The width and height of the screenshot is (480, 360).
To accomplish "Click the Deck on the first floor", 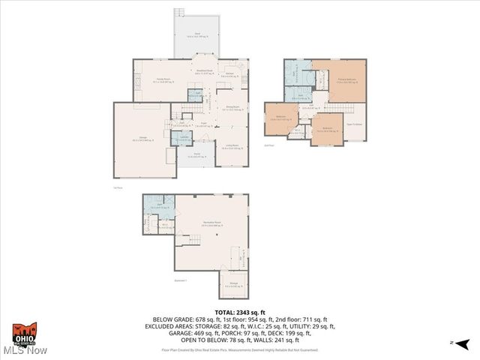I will point(196,36).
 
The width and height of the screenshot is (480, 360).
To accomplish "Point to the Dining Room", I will point(232,109).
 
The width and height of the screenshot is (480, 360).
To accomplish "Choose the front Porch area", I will point(194,155).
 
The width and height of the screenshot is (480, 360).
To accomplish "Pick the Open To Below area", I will point(354,125).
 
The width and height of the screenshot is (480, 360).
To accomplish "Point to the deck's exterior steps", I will point(179,13).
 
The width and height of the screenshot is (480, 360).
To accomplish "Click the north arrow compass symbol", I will point(464,343).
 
